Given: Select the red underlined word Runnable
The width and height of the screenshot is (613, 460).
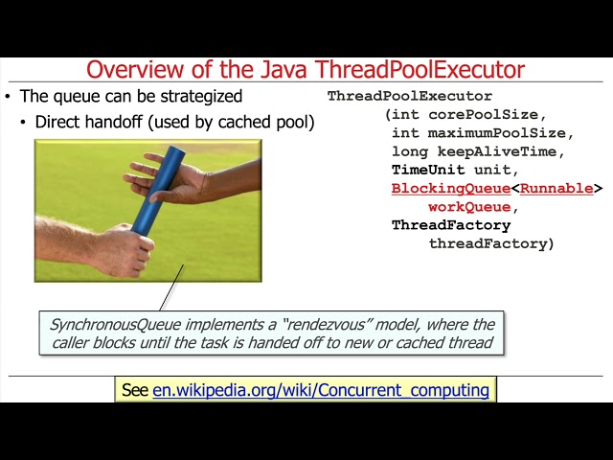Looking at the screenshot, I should pos(556,189).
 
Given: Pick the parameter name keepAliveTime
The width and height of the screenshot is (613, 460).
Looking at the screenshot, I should pos(502,151).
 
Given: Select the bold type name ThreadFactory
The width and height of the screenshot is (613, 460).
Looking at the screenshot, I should pos(450,225).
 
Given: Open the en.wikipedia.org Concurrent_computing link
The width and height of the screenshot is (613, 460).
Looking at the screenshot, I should pos(321,390).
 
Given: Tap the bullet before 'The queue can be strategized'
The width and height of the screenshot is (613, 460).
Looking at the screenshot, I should pos(9,97).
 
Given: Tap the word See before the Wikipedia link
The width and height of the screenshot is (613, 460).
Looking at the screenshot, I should pos(135,390).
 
